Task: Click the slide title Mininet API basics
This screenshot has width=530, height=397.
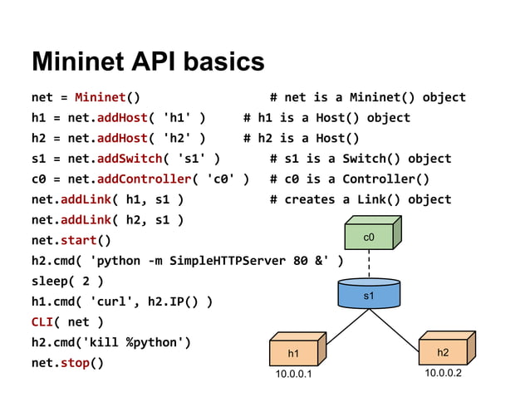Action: click(x=148, y=61)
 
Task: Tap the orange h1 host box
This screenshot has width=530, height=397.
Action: click(x=293, y=353)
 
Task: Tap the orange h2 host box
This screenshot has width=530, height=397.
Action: click(x=443, y=352)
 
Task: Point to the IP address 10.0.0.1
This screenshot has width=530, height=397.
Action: click(x=294, y=375)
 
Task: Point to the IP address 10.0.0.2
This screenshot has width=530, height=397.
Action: click(x=443, y=373)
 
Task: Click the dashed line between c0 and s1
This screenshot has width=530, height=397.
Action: click(x=369, y=264)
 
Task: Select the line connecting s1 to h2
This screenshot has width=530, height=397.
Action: click(x=405, y=321)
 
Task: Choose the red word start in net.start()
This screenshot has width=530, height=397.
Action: click(x=81, y=241)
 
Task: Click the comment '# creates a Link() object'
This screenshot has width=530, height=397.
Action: click(x=361, y=199)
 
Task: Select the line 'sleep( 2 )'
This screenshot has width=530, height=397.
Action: click(x=67, y=282)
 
